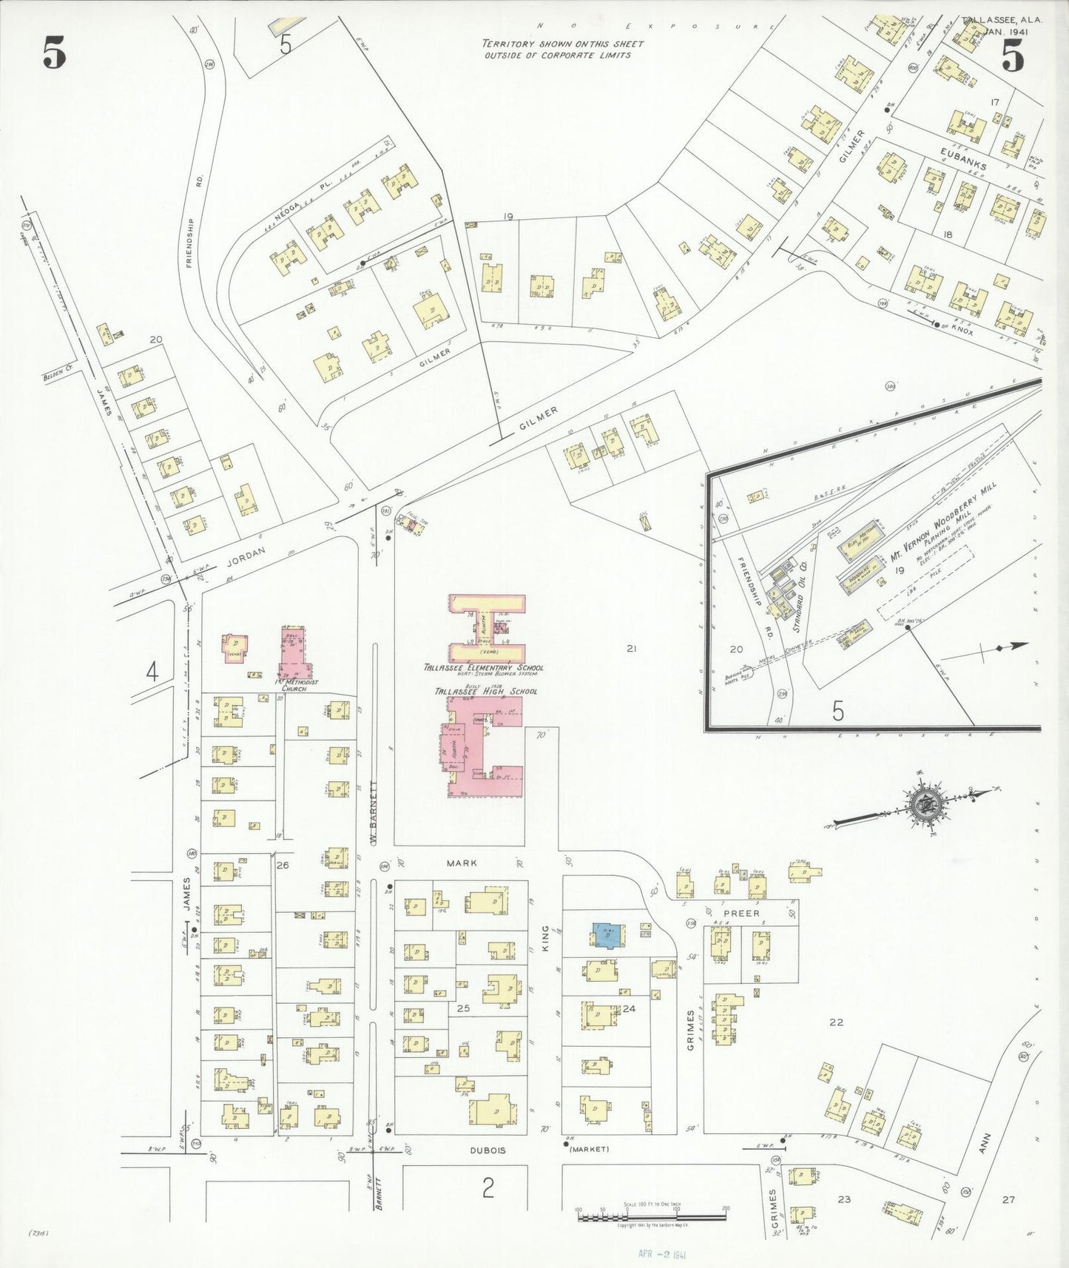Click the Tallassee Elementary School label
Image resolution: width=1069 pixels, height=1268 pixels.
483,667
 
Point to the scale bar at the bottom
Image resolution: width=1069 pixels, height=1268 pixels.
652,1214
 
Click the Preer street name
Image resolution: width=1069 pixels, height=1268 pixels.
741,914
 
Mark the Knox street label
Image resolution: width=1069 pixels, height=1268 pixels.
962,331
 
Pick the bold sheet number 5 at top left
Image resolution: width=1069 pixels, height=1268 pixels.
54,53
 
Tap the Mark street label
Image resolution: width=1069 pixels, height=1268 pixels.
462,863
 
